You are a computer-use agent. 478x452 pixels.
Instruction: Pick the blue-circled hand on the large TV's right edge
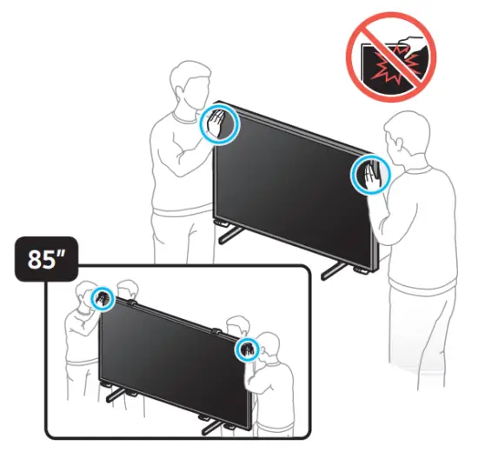[368, 176]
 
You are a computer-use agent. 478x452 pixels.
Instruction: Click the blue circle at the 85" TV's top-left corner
[103, 299]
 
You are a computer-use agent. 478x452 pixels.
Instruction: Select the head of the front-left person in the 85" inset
[86, 295]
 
